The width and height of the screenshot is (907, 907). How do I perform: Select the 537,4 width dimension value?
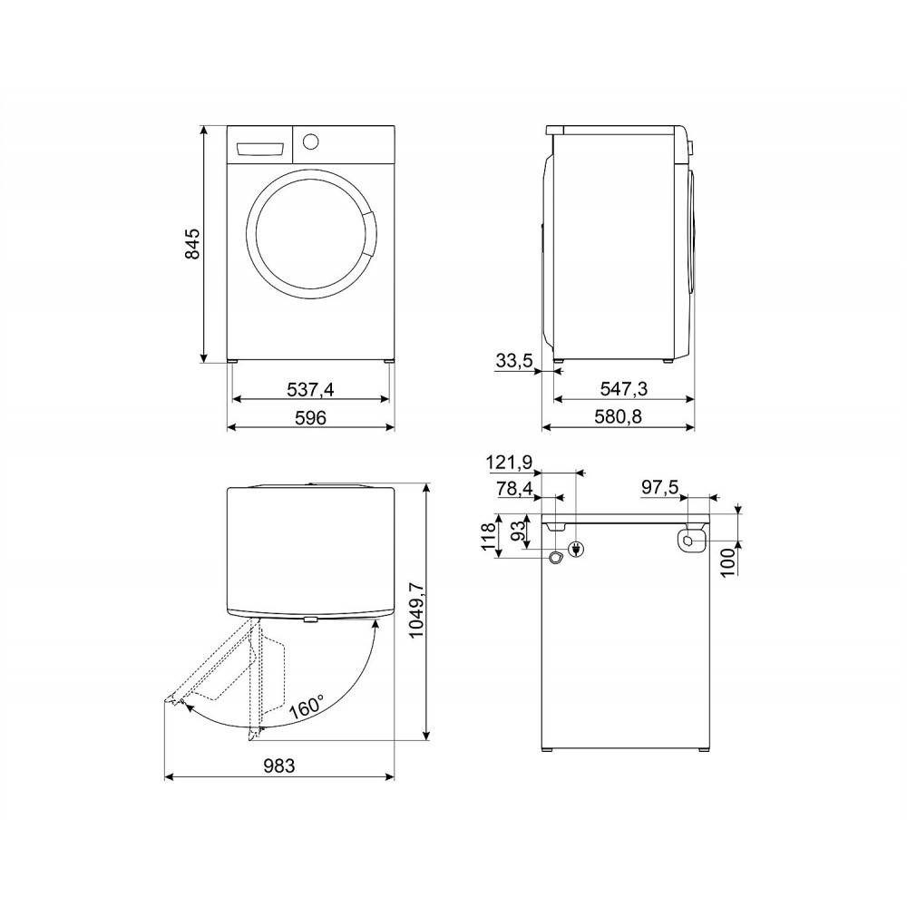[x=311, y=389]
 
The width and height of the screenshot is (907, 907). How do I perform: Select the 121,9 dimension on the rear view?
[x=509, y=463]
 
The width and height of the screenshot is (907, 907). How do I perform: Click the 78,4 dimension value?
[x=513, y=490]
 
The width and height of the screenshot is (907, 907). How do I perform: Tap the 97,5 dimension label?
[x=659, y=487]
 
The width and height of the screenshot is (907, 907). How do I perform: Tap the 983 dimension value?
[x=278, y=766]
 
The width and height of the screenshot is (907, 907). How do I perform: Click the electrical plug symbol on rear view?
[x=575, y=548]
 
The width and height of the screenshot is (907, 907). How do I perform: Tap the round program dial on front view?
[x=310, y=141]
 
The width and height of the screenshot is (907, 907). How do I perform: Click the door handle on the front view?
[x=369, y=232]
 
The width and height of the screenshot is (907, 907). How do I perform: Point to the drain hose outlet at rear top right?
[x=691, y=539]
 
